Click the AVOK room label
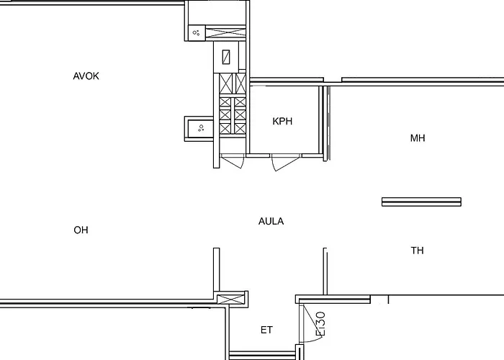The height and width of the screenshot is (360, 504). (x=86, y=76)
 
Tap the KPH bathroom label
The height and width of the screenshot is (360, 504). (x=282, y=121)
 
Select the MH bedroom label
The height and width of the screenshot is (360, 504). (x=418, y=138)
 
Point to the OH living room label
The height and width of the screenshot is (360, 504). (x=81, y=230)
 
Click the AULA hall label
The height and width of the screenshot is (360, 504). (x=271, y=222)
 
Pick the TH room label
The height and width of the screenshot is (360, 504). (x=418, y=251)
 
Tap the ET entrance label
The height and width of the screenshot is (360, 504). (x=266, y=330)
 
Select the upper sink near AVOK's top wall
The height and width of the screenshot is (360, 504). (x=196, y=32)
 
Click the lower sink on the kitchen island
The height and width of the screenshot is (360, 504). (x=200, y=128)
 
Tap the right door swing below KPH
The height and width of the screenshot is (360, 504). (x=285, y=163)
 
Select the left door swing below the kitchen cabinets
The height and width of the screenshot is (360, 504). (x=232, y=162)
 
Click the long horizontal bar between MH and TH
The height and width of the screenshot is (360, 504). (x=421, y=202)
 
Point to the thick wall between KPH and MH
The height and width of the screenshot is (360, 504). (x=325, y=122)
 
